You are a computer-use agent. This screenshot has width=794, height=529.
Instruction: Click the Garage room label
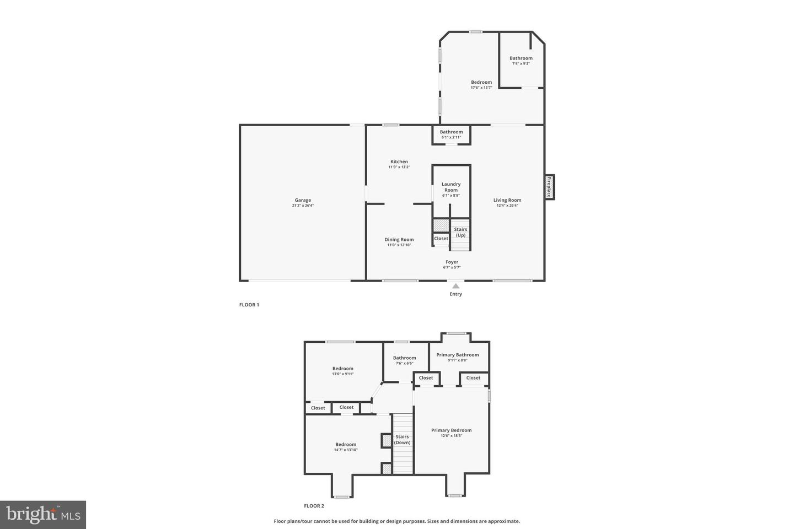click(x=303, y=200)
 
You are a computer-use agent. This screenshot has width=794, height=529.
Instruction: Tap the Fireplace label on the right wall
click(x=549, y=187)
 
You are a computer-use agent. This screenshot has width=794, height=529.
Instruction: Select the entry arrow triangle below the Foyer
click(x=455, y=285)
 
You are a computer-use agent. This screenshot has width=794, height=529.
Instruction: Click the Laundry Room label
click(x=451, y=187)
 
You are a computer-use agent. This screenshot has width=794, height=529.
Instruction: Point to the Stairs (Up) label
click(x=460, y=232)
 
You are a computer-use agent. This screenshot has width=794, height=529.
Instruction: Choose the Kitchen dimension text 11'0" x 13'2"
click(x=399, y=167)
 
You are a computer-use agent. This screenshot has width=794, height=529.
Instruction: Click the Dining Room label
click(x=399, y=239)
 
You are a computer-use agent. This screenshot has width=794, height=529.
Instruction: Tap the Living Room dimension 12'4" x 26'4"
click(x=507, y=206)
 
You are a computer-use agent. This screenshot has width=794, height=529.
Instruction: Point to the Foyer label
click(x=452, y=262)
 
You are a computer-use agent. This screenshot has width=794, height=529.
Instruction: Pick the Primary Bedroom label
click(x=452, y=430)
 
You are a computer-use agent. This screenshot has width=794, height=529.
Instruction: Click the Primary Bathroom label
click(x=458, y=354)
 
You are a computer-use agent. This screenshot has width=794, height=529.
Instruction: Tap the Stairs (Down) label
click(x=402, y=439)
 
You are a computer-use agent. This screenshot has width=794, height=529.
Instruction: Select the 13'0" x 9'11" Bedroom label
click(x=342, y=368)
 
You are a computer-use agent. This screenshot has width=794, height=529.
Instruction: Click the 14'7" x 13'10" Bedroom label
click(x=346, y=444)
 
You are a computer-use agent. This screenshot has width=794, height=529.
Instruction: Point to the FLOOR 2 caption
click(x=314, y=506)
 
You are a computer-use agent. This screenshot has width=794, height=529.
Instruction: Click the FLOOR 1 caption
click(x=249, y=305)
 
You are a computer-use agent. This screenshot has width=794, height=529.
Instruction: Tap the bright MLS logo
click(x=42, y=515)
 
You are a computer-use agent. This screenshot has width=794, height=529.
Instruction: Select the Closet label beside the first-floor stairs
click(x=441, y=239)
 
